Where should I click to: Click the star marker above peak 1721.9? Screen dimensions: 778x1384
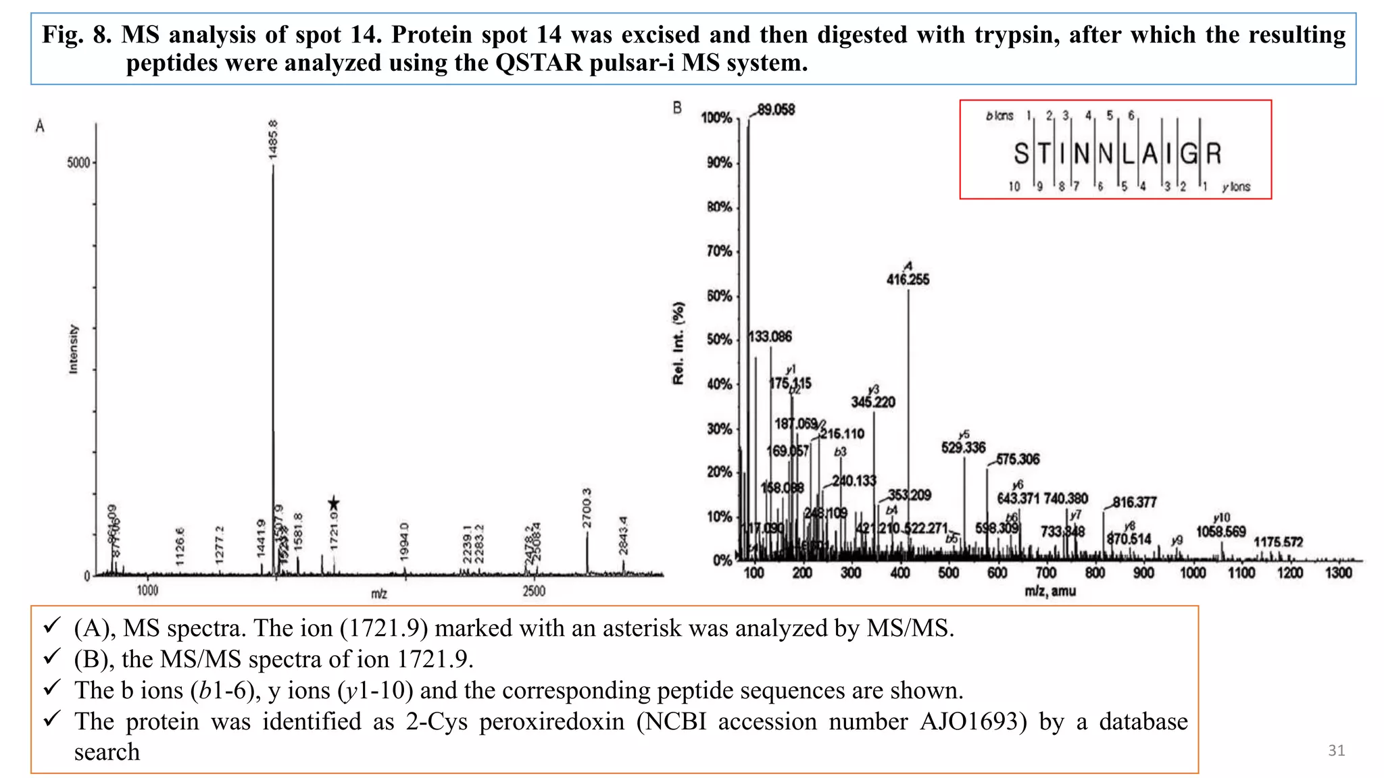coord(333,504)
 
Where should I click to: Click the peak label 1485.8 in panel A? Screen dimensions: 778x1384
coord(273,139)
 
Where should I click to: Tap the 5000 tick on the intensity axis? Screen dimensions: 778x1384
coord(78,163)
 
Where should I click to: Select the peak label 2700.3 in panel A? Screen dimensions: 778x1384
coord(587,509)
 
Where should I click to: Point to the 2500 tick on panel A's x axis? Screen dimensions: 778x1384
coord(534,591)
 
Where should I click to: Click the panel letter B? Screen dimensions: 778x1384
coord(677,108)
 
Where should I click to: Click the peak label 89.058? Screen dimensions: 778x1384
coord(776,109)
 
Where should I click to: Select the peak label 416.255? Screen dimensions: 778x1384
coord(908,280)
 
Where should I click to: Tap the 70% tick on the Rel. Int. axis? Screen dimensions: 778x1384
coord(719,251)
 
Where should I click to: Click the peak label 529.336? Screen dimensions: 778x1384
coord(963,448)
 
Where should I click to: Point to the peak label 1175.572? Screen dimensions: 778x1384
coord(1278,542)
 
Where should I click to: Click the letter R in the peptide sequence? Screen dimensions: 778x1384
coord(1214,154)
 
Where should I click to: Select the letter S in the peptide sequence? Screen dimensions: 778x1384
coord(1021,154)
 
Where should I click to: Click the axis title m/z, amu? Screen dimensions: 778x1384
coord(1049,592)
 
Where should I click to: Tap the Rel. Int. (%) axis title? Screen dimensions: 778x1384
coord(678,343)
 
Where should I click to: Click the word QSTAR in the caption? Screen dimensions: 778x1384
coord(538,63)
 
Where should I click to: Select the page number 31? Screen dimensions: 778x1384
coord(1336,750)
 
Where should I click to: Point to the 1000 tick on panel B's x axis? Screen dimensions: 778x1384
coord(1192,573)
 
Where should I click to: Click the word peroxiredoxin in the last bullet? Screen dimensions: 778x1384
coord(551,721)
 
